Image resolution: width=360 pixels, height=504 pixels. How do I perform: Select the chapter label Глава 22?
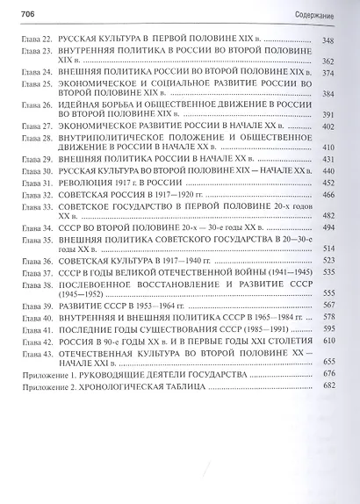pos(32,41)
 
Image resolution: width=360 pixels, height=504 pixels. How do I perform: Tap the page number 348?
pos(330,41)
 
